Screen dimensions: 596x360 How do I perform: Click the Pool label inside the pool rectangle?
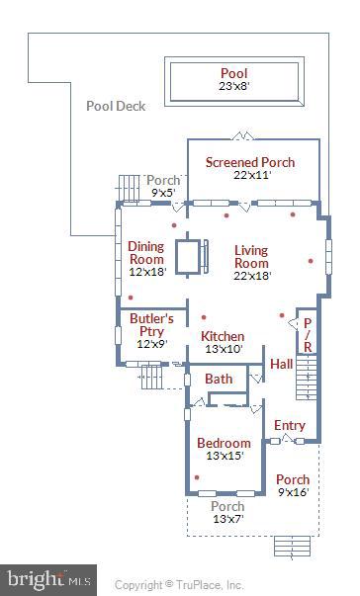(x=234, y=73)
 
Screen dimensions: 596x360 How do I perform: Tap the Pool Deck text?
(x=116, y=106)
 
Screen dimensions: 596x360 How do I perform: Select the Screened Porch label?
(x=249, y=161)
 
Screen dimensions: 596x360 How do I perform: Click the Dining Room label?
(x=146, y=252)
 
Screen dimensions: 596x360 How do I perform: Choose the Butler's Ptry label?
(x=152, y=319)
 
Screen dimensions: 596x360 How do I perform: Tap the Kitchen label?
(x=223, y=336)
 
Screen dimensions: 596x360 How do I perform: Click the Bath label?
(x=219, y=380)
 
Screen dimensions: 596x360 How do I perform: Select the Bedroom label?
(x=224, y=444)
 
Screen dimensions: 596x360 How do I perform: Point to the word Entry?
(x=290, y=425)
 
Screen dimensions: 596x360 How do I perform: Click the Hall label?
(x=282, y=365)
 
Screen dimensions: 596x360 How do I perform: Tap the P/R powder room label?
(x=308, y=335)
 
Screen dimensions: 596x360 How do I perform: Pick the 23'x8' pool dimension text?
(x=234, y=87)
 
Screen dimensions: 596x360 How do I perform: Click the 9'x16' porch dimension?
(x=293, y=492)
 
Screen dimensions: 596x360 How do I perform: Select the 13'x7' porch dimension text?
(x=227, y=519)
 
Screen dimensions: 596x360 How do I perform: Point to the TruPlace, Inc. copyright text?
(x=179, y=585)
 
